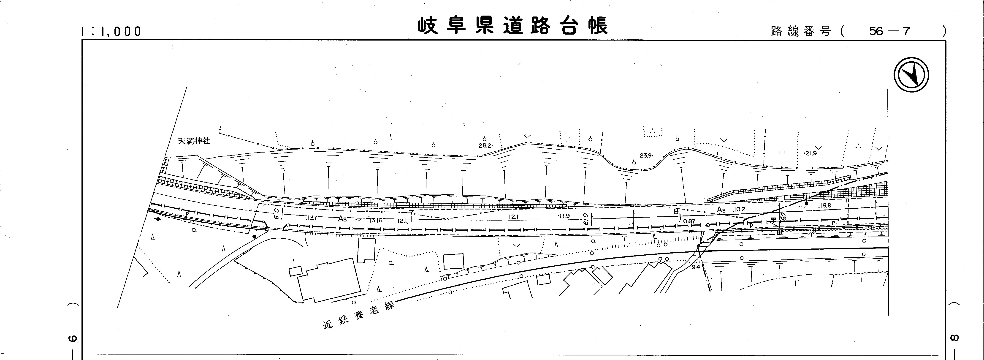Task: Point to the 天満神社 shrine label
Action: pos(194,141)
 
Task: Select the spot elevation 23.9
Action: pos(645,155)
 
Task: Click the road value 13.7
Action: pos(312,218)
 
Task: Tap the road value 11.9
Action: pos(564,216)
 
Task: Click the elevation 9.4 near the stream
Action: pos(696,267)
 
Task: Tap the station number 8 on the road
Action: pos(675,211)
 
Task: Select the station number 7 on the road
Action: pos(411,212)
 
